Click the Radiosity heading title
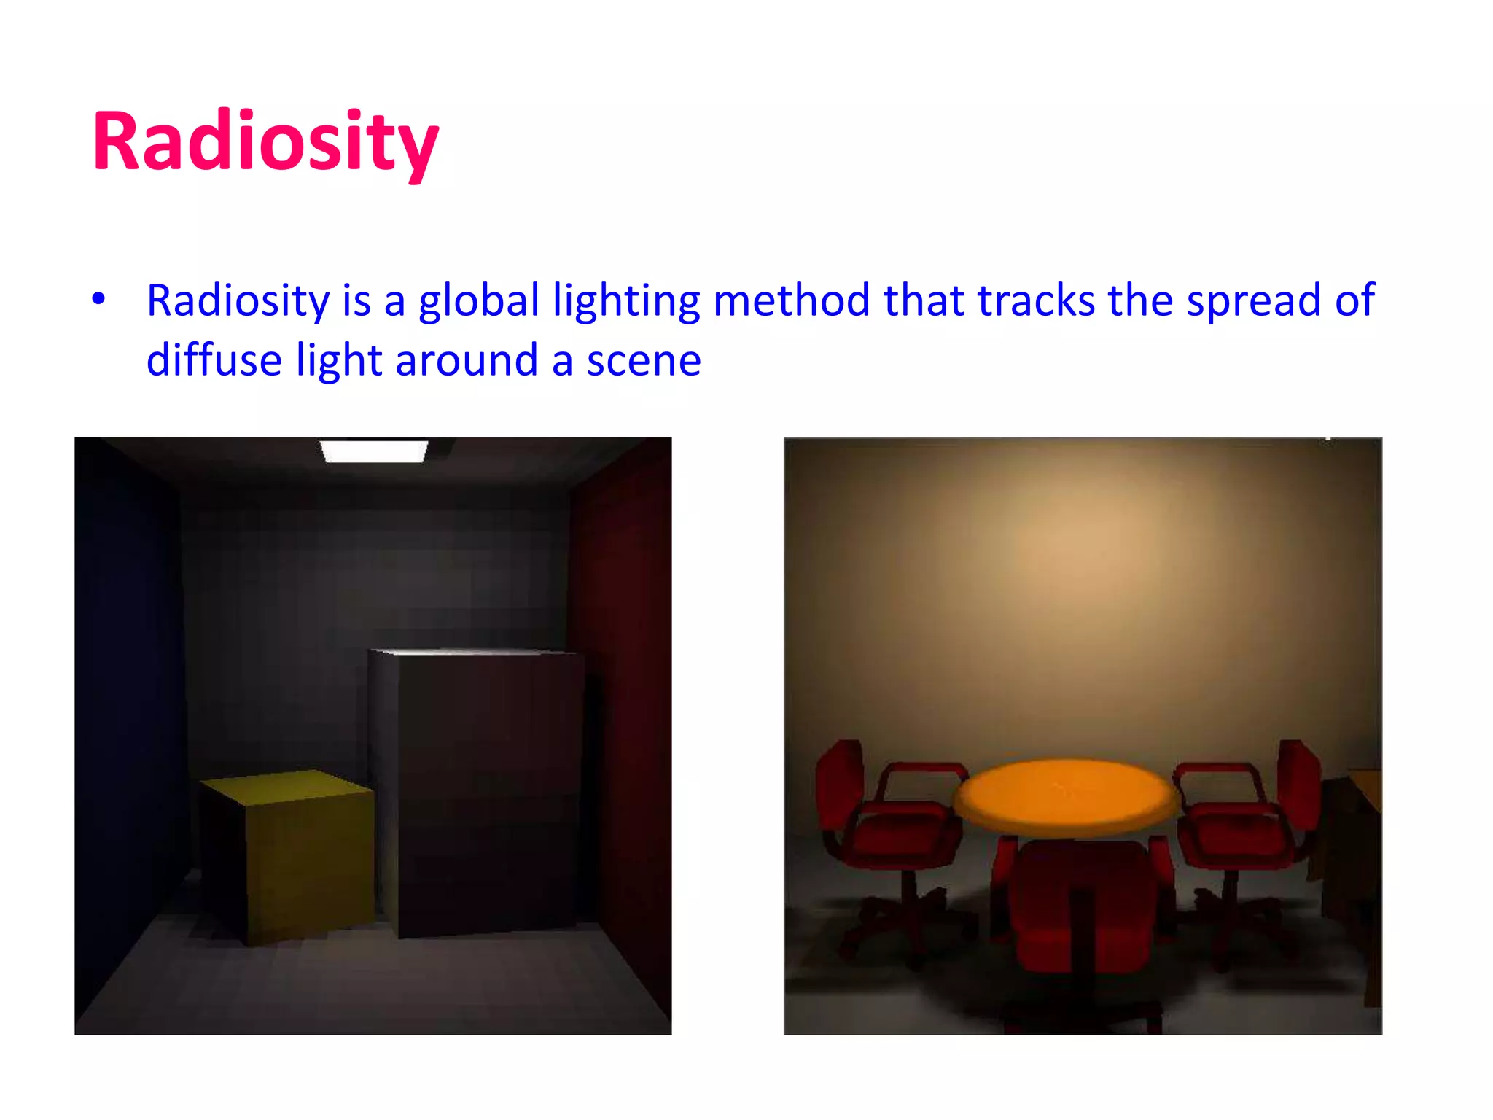(x=265, y=141)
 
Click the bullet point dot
(x=98, y=299)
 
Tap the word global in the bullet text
(x=478, y=300)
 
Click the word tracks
(x=1036, y=300)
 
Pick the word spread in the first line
(x=1253, y=300)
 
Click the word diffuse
(x=214, y=360)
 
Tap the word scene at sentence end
(x=644, y=362)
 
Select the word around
(x=467, y=362)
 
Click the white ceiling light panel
(x=374, y=451)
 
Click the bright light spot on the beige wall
(x=1072, y=547)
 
